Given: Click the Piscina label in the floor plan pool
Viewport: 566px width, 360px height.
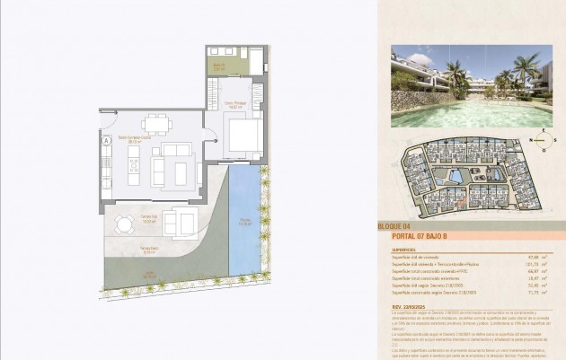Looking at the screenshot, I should (244, 218).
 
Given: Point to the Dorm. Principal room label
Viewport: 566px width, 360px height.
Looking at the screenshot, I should (235, 102).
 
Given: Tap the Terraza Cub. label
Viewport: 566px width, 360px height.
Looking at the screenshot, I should (124, 217).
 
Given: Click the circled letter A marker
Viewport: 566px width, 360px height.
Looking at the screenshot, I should (105, 140).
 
